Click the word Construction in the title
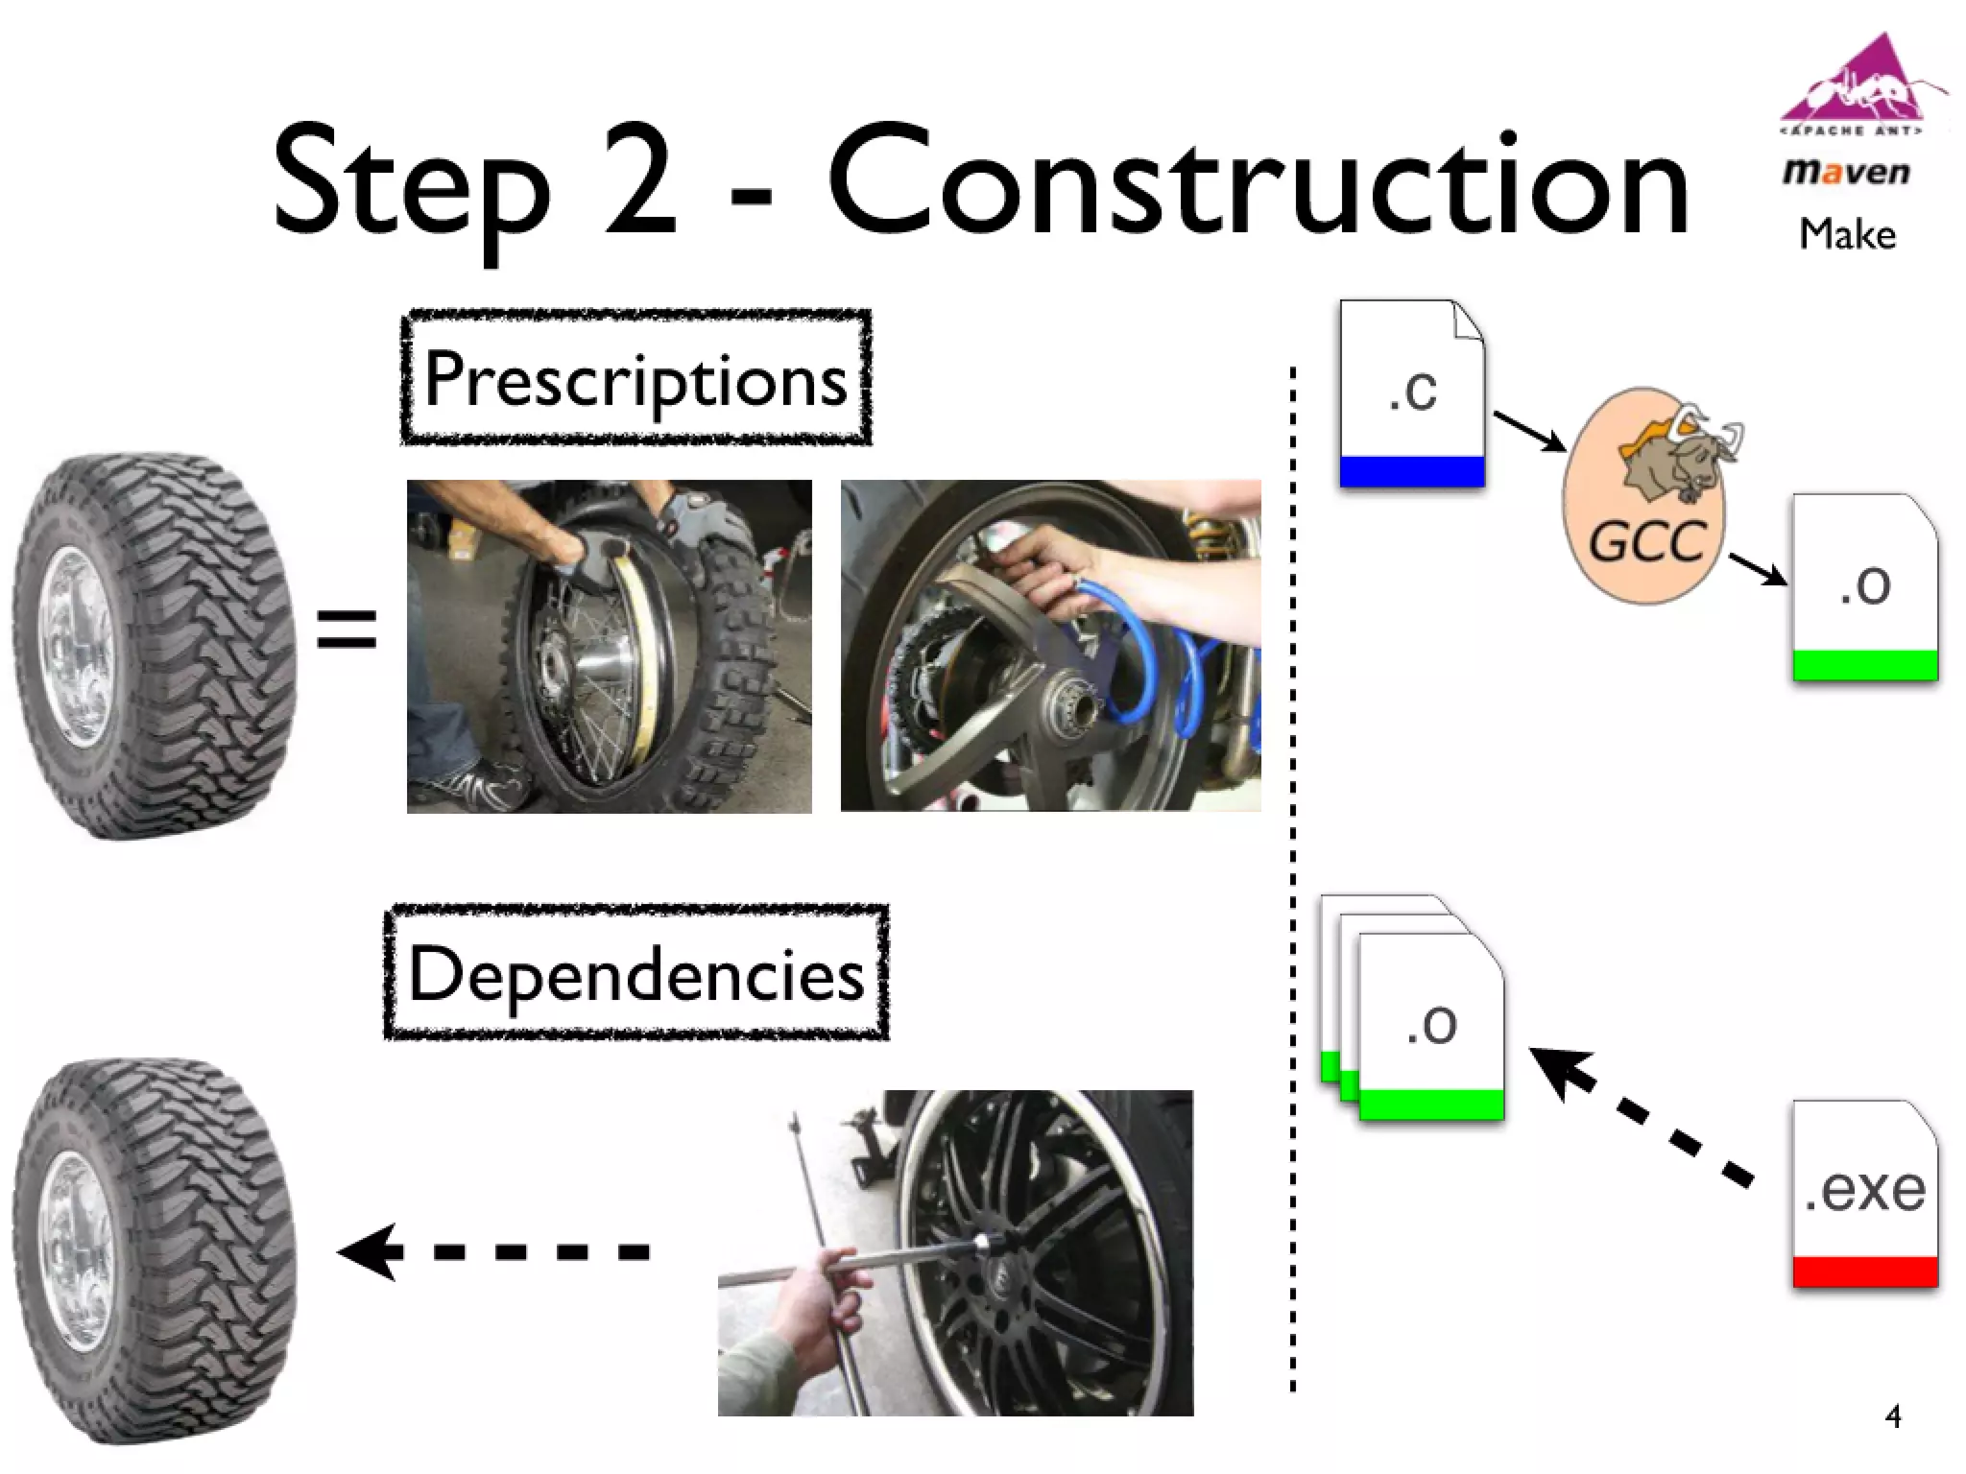[1258, 182]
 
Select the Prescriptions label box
[635, 378]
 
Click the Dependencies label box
[635, 972]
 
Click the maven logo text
[1846, 173]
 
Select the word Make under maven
[1847, 235]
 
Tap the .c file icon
[1412, 393]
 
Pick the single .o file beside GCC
[1864, 587]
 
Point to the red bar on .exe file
[1864, 1272]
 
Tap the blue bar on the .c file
[1412, 471]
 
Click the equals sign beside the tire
[347, 630]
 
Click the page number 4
[1892, 1416]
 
